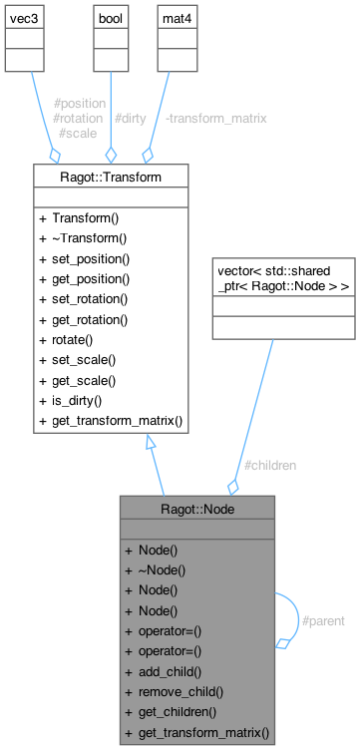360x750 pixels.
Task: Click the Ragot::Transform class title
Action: click(x=111, y=177)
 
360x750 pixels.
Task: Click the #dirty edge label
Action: click(x=131, y=118)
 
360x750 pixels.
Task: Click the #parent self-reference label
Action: click(x=323, y=620)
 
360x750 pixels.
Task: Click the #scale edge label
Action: click(x=77, y=132)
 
